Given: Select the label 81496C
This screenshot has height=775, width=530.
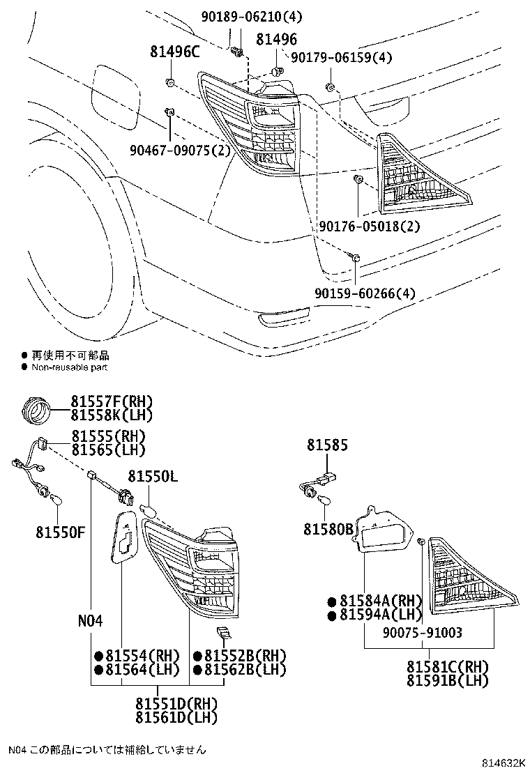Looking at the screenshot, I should tap(174, 51).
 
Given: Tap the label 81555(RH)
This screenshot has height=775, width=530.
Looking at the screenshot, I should tap(107, 436).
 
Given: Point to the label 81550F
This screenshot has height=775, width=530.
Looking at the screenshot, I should tap(61, 533).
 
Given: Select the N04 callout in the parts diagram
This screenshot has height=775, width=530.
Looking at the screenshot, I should tap(91, 620).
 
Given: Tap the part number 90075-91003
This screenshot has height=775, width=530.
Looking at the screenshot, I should tap(423, 632).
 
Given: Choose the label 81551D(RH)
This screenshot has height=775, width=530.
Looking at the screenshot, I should tap(176, 703).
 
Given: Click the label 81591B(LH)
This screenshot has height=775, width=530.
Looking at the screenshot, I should tap(448, 680).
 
